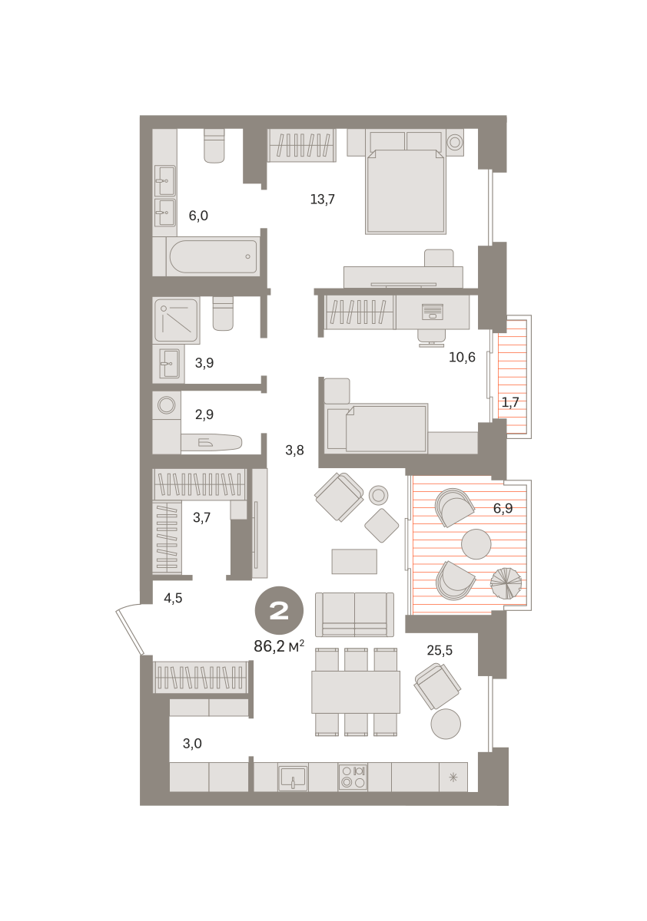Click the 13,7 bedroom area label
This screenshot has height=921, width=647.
click(x=322, y=200)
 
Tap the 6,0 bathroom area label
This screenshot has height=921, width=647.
click(x=198, y=216)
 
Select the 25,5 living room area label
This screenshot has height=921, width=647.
click(x=440, y=650)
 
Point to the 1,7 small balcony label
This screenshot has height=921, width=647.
click(x=510, y=402)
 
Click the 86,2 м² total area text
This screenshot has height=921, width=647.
click(x=279, y=646)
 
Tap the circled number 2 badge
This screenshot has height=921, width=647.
click(x=279, y=610)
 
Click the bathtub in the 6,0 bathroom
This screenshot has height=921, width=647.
click(x=213, y=256)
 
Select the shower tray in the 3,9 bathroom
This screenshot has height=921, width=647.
click(x=176, y=321)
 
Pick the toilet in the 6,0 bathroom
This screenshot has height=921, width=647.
click(x=214, y=146)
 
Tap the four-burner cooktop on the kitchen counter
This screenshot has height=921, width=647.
click(x=352, y=777)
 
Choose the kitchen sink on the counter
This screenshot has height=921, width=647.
click(x=293, y=777)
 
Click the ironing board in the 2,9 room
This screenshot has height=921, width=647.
click(x=211, y=442)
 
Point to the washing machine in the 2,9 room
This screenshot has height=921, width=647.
click(x=167, y=405)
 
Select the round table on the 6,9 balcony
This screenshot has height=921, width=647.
click(x=476, y=544)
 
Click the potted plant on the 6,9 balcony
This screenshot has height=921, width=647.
click(x=506, y=583)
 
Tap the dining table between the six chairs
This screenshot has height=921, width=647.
click(x=356, y=692)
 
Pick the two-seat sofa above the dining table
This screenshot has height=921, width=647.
click(x=354, y=614)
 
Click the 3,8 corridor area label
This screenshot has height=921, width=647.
click(x=294, y=451)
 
